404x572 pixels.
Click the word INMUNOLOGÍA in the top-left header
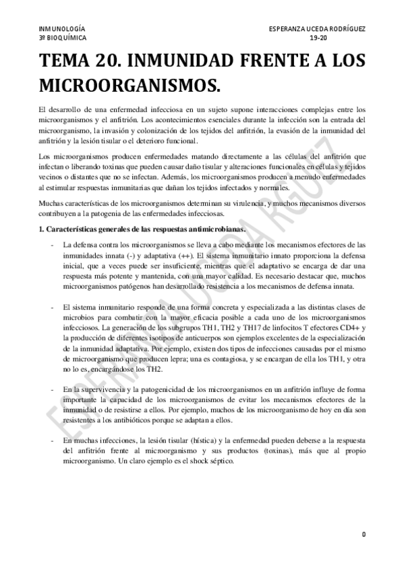click(62, 30)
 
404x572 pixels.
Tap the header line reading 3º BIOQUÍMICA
click(63, 38)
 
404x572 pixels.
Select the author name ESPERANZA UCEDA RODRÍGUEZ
click(317, 30)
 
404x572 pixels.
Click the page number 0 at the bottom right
click(363, 534)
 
